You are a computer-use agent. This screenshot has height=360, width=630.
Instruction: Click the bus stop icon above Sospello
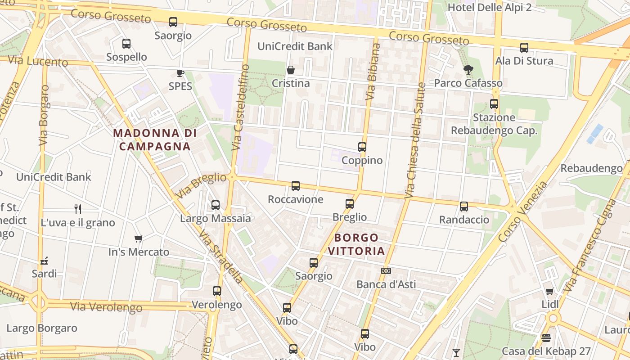(126, 44)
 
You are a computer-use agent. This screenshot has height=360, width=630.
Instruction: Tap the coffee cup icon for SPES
(180, 73)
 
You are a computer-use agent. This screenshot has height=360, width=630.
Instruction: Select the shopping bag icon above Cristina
(291, 70)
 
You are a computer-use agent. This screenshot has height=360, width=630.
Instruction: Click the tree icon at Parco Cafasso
(468, 70)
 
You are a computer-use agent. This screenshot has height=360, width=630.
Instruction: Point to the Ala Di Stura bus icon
(524, 48)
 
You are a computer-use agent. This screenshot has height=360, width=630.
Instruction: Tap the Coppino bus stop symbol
(362, 147)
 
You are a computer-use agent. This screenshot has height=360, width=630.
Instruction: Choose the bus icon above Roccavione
(296, 186)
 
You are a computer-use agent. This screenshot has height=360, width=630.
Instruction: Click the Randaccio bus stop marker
(464, 207)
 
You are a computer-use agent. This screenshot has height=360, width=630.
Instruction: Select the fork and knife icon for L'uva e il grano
(78, 209)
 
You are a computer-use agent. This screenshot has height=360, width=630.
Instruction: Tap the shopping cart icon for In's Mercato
(138, 238)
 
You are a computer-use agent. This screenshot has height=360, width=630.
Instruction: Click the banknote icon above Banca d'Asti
(386, 271)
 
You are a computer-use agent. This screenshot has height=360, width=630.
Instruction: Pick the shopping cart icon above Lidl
(549, 291)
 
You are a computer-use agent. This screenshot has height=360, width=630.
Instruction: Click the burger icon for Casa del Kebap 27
(546, 337)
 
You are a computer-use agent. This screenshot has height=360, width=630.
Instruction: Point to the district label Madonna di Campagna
(155, 139)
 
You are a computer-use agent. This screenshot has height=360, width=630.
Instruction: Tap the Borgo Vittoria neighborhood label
(356, 244)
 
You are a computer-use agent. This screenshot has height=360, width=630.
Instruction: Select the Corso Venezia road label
(523, 211)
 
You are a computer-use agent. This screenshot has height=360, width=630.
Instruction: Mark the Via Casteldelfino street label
(240, 108)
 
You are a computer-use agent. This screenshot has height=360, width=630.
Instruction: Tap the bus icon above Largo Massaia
(216, 205)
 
